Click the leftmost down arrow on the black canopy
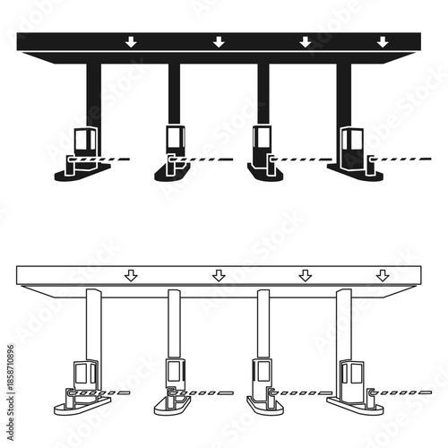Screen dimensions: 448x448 click(131, 41)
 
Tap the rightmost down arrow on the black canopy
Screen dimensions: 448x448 click(383, 41)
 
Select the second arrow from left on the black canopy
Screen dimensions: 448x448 click(219, 41)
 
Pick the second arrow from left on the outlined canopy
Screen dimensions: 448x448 click(219, 275)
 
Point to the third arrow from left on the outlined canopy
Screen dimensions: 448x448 click(305, 275)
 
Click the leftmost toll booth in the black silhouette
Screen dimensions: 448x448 click(84, 147)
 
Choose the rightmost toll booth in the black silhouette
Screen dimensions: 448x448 click(351, 147)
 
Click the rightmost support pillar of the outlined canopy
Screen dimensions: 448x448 click(343, 327)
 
